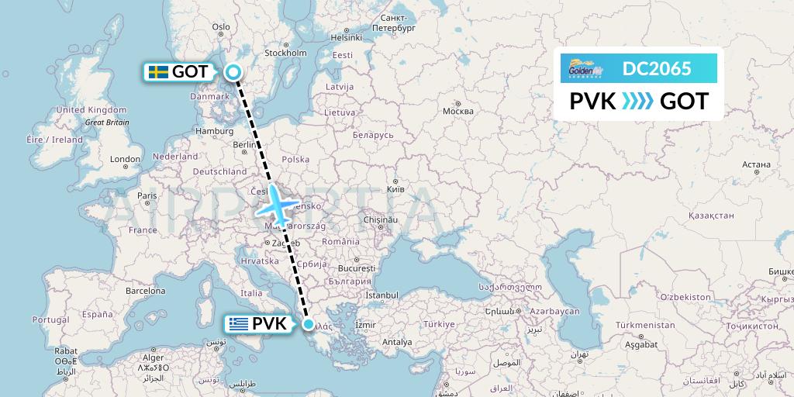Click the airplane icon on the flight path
pos(277,207)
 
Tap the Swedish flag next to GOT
pos(158,72)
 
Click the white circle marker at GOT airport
pos(233,72)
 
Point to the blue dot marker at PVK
pos(309,324)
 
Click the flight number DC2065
pos(657,69)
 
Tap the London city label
pos(125,159)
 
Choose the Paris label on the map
pos(147,195)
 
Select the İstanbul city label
pos(381,295)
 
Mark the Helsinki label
pos(347,36)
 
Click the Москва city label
pos(457,112)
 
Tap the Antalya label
pos(397,342)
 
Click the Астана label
pos(755,164)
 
